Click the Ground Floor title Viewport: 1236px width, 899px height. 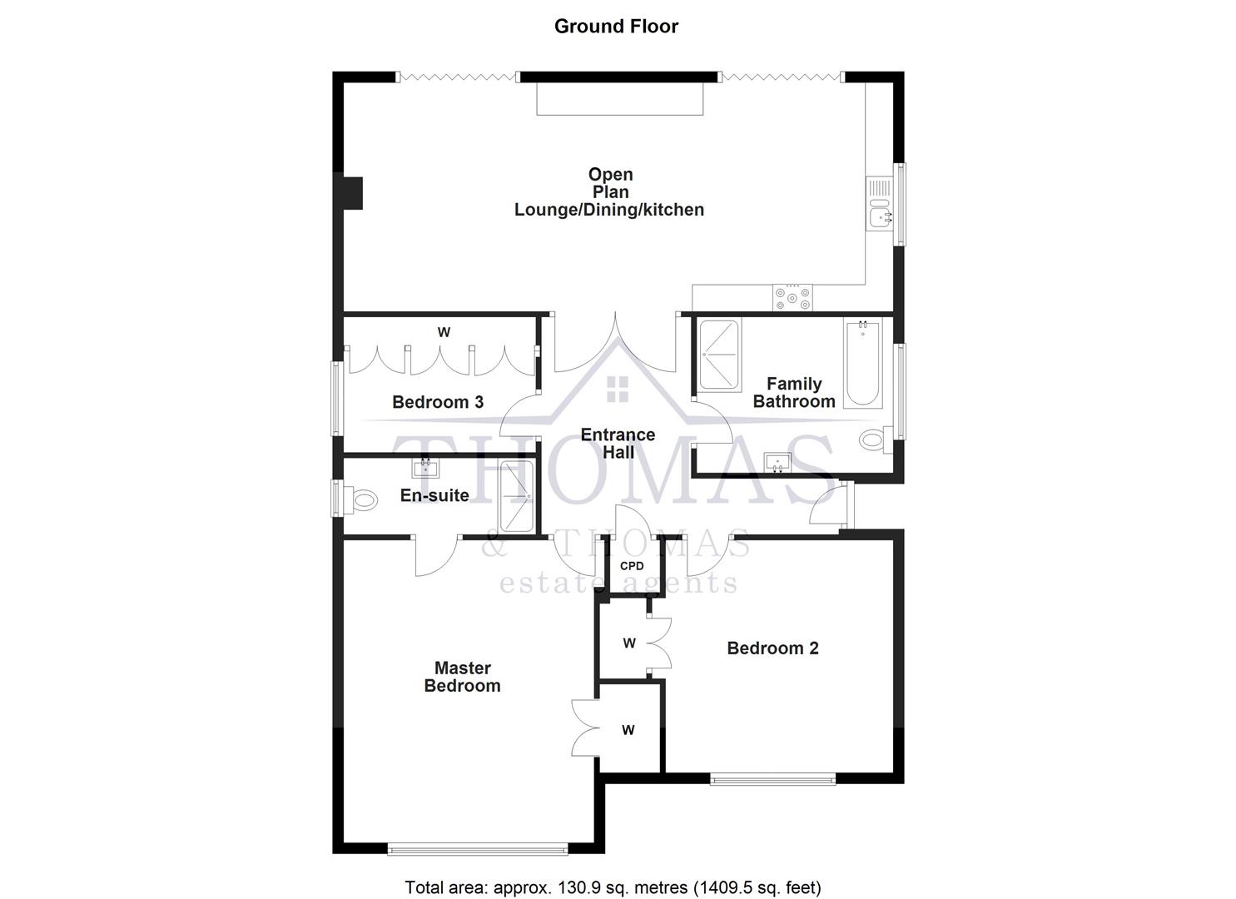616,26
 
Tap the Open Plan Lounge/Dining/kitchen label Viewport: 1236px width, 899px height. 609,192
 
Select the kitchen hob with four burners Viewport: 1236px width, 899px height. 793,297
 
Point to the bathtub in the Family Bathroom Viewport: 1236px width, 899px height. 862,364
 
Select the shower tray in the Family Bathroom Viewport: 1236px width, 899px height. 719,355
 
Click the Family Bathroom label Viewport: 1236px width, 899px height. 794,392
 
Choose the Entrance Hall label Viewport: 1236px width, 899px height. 618,444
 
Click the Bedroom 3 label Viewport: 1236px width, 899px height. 438,402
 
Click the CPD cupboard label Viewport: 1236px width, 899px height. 632,566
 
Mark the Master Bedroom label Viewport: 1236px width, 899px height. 463,677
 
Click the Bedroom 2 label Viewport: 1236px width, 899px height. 772,648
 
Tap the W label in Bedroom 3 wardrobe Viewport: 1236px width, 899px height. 444,332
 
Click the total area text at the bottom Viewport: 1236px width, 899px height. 613,887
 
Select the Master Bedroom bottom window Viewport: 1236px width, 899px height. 477,849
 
